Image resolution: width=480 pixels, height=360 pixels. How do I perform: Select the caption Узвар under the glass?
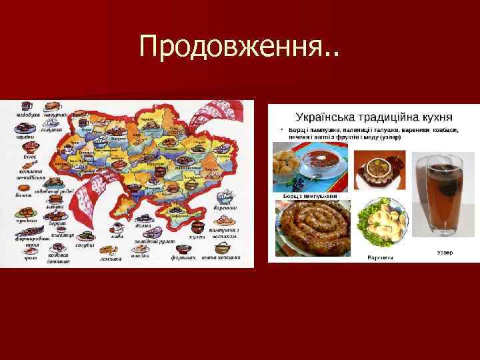(x=446, y=252)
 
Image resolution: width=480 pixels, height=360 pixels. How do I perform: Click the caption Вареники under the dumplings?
(x=380, y=257)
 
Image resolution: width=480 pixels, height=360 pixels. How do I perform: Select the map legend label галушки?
(x=51, y=131)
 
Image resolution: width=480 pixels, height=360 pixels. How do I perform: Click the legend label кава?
(x=117, y=235)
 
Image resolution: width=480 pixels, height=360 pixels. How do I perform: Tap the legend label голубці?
(x=84, y=245)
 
